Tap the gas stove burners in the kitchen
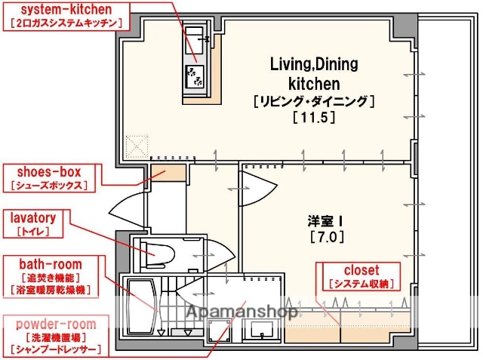click(x=195, y=76)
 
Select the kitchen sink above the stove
click(x=195, y=38)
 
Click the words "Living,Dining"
click(x=314, y=64)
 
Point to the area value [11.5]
click(x=313, y=117)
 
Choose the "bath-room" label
click(x=51, y=264)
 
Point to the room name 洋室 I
click(x=325, y=221)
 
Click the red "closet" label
click(x=361, y=269)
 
